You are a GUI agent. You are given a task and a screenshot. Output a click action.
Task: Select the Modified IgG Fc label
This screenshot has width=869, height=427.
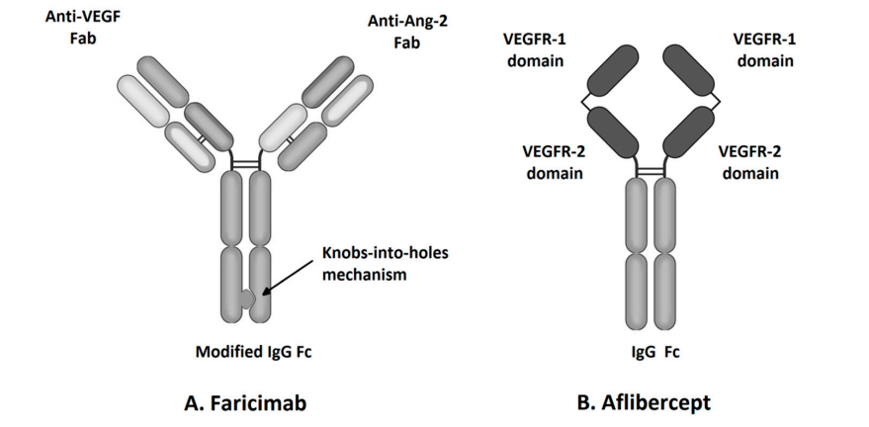(246, 352)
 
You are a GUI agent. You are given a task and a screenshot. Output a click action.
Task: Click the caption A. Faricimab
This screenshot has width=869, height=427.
(247, 403)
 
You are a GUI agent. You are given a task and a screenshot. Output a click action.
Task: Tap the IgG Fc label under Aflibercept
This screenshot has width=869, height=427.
(651, 352)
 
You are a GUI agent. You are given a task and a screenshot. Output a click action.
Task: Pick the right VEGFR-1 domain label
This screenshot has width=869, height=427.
(763, 49)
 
